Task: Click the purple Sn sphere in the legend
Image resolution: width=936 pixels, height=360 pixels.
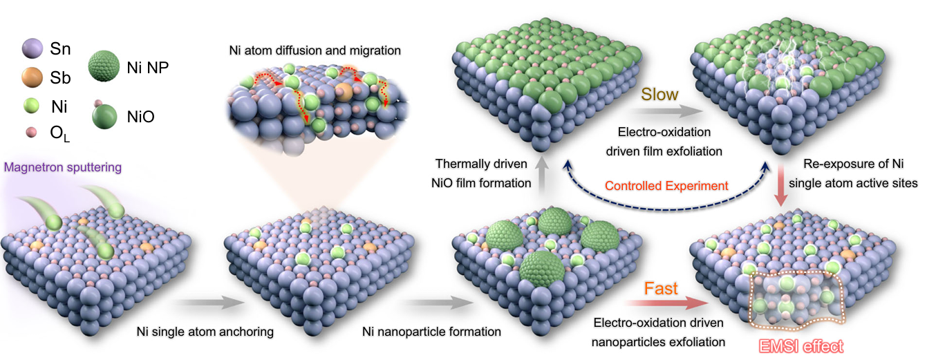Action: [32, 48]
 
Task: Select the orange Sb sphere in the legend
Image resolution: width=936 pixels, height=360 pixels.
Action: [32, 77]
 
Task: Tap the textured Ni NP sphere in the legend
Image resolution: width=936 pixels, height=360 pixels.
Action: [104, 66]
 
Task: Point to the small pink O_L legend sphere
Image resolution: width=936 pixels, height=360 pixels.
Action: [31, 133]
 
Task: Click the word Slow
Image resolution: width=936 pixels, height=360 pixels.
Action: [659, 95]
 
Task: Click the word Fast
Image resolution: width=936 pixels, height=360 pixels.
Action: [661, 289]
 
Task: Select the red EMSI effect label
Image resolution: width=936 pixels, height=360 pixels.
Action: [801, 346]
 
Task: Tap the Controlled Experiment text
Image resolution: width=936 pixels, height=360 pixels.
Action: [666, 186]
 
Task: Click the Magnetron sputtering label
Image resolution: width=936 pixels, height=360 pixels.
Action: [63, 167]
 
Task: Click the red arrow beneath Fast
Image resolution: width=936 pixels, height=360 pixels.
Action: [667, 303]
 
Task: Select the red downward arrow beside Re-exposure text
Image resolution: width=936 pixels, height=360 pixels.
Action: [780, 185]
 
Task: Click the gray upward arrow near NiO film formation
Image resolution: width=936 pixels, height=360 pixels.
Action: [542, 175]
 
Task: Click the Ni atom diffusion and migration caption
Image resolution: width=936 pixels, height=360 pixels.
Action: [315, 50]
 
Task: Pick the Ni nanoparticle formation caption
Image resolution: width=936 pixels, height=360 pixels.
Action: [431, 332]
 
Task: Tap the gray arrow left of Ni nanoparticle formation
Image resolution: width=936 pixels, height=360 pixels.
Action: [439, 302]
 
